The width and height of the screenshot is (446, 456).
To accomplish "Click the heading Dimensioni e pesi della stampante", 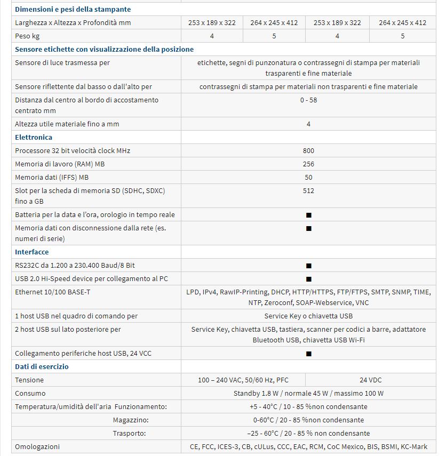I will (x=73, y=9).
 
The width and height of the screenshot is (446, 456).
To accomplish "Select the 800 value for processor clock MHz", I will (x=308, y=150).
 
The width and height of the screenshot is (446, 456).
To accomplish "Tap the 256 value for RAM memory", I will (x=308, y=164).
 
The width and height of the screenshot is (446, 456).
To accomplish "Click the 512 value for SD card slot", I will (x=308, y=190).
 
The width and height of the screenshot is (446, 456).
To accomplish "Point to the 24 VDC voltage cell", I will (x=370, y=380).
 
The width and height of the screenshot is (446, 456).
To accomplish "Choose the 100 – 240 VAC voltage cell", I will (x=243, y=380).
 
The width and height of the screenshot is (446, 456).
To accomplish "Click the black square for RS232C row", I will (x=308, y=266).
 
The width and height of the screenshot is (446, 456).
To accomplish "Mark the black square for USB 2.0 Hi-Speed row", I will (x=308, y=279).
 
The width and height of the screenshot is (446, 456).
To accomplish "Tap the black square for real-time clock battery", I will (x=308, y=215).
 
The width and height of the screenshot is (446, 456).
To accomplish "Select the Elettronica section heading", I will (x=34, y=137).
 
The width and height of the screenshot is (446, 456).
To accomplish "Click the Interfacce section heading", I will (x=31, y=252).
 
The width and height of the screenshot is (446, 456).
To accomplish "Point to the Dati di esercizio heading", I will (x=42, y=366).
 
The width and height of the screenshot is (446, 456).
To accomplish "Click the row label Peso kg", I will (x=27, y=36).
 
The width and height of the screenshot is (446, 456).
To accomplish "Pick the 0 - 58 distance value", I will (x=308, y=100).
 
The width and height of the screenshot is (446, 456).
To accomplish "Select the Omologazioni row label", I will (x=37, y=446).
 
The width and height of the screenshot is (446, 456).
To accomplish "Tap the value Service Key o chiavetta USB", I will (x=308, y=316).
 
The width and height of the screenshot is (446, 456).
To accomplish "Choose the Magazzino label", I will (x=131, y=420).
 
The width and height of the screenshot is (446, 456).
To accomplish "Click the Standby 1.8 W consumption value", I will (x=308, y=393).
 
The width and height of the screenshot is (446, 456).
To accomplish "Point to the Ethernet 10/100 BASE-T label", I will (x=49, y=292).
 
